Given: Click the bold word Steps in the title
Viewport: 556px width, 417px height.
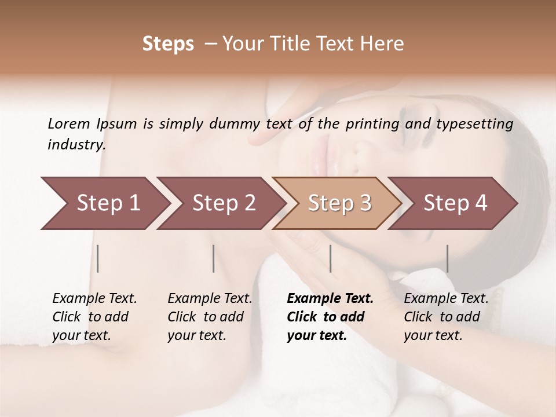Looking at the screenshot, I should [168, 44].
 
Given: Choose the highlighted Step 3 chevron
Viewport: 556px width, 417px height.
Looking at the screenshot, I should [339, 203].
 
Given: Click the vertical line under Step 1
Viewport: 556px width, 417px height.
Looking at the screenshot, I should [98, 258].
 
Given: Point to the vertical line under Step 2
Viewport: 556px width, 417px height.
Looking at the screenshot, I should [214, 258].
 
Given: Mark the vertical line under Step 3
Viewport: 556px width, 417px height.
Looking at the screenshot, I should [330, 258].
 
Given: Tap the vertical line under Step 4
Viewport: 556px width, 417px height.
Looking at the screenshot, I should [447, 258].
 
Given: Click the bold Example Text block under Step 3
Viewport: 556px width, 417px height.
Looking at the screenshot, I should [330, 317].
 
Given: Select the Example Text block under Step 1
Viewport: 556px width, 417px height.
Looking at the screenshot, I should [94, 317].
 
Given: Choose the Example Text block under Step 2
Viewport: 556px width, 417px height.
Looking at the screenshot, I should [210, 317].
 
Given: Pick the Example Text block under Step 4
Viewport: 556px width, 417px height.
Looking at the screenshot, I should [446, 317].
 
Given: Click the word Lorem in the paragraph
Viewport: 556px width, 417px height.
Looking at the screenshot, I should [69, 123].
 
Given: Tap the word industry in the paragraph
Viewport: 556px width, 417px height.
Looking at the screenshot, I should [76, 144].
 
